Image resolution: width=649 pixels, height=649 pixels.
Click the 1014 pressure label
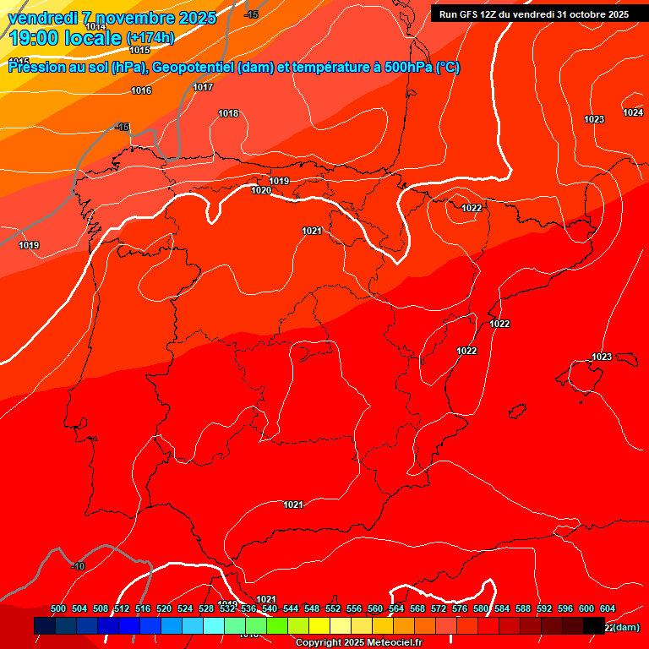[96, 27]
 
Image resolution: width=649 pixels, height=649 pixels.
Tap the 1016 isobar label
[141, 90]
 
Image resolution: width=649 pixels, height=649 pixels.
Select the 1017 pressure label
[203, 88]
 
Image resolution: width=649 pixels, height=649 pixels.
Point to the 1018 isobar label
[228, 114]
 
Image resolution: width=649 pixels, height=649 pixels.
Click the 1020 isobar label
[261, 191]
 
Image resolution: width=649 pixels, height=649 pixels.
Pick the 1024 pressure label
[633, 113]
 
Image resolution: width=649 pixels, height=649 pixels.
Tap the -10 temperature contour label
[78, 566]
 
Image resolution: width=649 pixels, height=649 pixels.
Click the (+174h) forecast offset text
[150, 38]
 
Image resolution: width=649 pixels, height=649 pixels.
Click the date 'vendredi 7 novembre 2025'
[112, 18]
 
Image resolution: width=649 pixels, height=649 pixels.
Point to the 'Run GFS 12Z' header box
[533, 14]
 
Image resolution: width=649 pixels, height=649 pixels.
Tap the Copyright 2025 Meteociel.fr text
[358, 643]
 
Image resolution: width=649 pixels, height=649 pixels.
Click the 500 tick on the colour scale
[58, 609]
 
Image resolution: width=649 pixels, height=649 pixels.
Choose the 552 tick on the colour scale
[333, 609]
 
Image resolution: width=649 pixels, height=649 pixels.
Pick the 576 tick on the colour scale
[460, 609]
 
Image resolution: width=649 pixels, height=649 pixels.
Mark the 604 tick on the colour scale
[607, 609]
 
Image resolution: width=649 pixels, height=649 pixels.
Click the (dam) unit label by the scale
[626, 627]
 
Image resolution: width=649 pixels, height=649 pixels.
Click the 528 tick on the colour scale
[206, 609]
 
